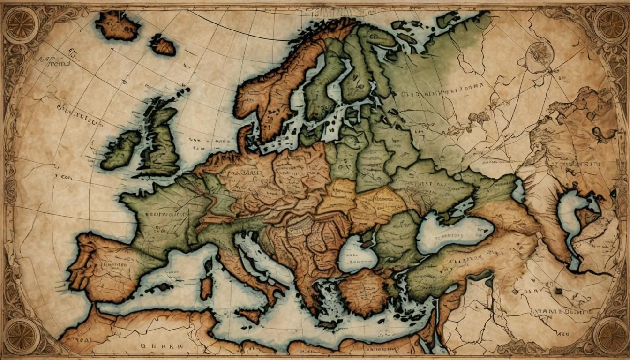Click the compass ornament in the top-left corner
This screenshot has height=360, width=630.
20,25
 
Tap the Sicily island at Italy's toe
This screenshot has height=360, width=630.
248,314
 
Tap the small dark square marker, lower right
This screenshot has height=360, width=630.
559,291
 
